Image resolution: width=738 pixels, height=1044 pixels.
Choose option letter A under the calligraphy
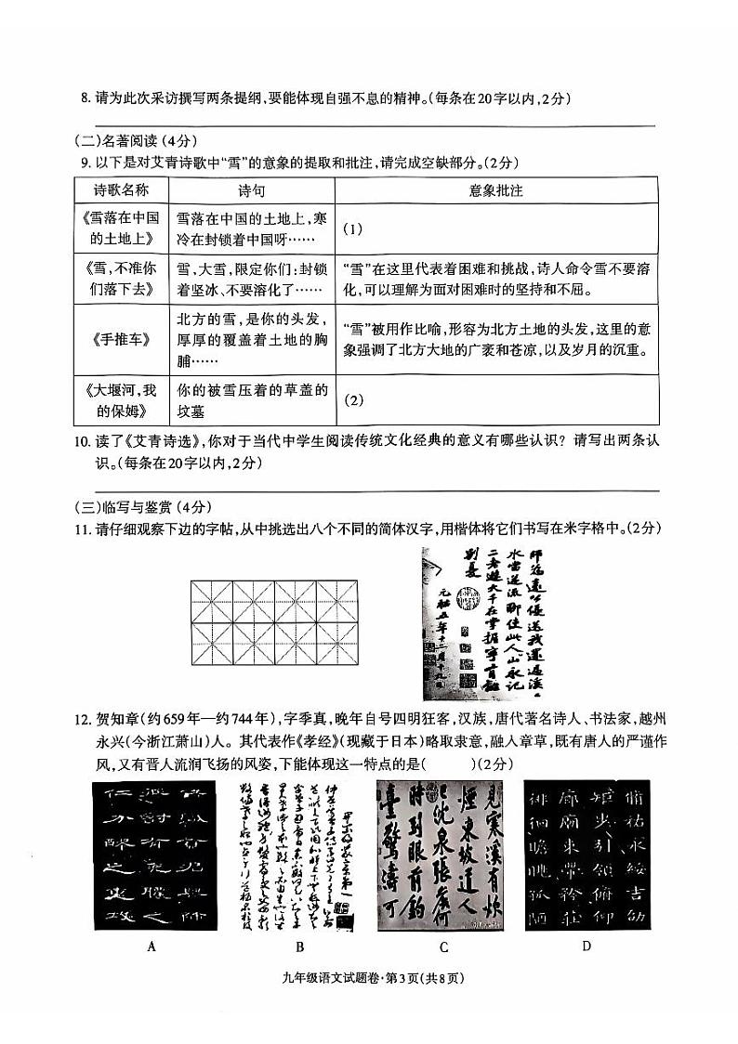151,947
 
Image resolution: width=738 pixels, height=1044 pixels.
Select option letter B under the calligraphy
299,947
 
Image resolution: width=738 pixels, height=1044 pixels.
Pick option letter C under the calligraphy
443,947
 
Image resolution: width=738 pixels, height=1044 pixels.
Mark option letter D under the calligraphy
586,947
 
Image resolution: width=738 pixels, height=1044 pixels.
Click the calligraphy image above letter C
443,855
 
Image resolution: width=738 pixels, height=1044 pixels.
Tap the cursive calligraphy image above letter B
299,855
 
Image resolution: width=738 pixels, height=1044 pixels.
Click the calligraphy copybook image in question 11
481,622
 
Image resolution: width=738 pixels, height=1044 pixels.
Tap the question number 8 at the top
84,98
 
